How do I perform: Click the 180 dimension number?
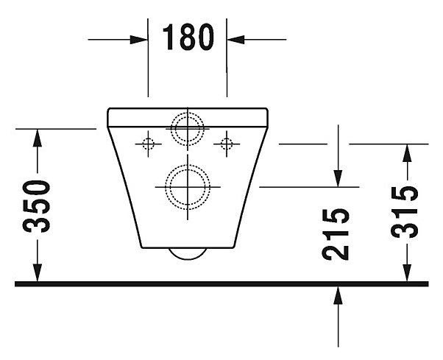(x=188, y=37)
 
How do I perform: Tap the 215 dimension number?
(x=337, y=233)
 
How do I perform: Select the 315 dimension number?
(x=405, y=213)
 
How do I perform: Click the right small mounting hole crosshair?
(x=227, y=143)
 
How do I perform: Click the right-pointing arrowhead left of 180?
(x=140, y=38)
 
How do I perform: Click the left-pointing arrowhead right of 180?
(x=236, y=38)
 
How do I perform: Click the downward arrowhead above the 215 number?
(x=337, y=177)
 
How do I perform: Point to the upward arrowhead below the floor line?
(x=337, y=294)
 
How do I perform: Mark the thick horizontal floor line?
(x=221, y=283)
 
